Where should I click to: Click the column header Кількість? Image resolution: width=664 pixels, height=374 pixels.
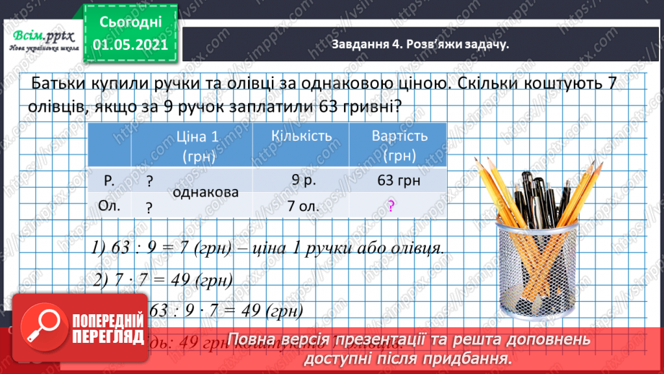[301, 136]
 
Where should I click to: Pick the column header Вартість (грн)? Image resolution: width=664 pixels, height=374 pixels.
[399, 145]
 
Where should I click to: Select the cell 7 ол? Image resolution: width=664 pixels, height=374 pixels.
[302, 206]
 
